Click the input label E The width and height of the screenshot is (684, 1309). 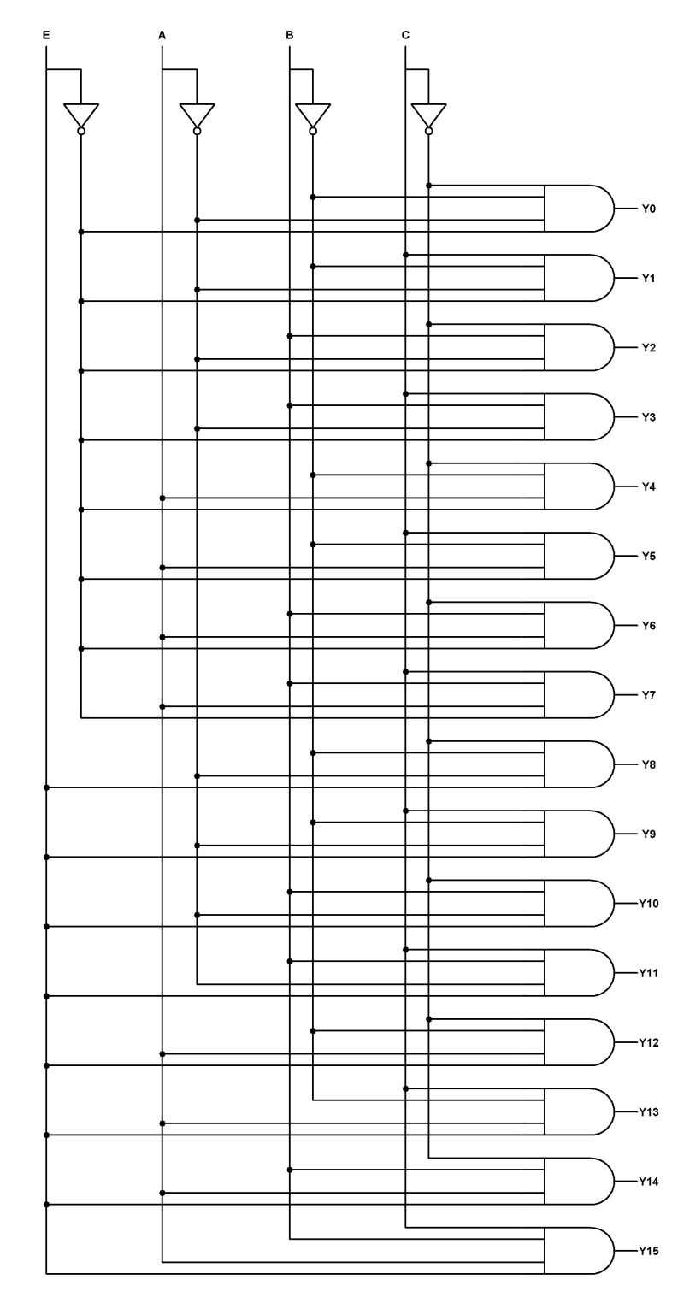pos(46,35)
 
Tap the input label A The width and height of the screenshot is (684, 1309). pos(162,35)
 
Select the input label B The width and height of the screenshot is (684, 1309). pos(290,35)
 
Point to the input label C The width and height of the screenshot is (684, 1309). pos(405,35)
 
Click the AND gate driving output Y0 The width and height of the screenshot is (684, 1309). pos(578,208)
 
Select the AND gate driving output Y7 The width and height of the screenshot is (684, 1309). pos(578,694)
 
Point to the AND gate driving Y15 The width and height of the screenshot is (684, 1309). pos(578,1251)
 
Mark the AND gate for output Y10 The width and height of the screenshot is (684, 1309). pos(578,903)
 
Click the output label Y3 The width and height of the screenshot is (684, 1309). pos(649,417)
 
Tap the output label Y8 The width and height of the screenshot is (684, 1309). pos(649,764)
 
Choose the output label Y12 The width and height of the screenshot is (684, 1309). pos(649,1042)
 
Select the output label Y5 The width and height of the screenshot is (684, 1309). pos(649,556)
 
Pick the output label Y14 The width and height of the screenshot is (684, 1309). pos(649,1182)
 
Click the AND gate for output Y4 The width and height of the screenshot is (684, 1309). pos(578,486)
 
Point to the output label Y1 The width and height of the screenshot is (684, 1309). pos(649,278)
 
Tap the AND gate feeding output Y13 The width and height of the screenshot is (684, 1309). pos(578,1111)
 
